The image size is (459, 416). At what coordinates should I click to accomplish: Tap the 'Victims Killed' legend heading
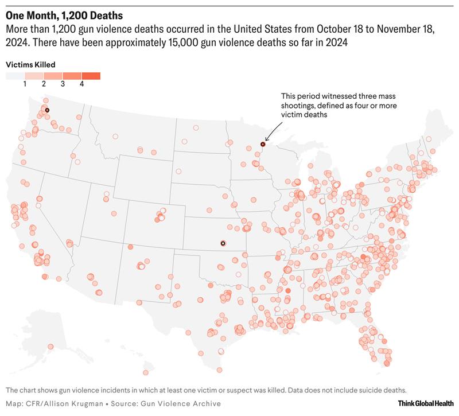click(30, 65)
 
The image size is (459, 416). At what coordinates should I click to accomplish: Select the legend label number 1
click(25, 84)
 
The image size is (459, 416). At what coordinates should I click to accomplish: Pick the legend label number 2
click(44, 84)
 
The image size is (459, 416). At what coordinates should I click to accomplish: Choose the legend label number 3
click(63, 84)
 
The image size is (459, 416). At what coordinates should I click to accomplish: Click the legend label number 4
click(81, 84)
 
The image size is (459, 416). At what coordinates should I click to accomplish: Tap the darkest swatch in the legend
click(91, 76)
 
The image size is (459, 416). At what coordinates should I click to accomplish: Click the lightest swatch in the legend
click(15, 76)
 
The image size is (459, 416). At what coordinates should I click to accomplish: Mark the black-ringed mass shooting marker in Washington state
click(48, 110)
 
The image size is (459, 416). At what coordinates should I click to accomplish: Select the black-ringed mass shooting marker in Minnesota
click(263, 144)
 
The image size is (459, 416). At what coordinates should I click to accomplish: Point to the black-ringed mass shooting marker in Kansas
click(223, 243)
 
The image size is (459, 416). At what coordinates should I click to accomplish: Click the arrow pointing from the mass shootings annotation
click(271, 133)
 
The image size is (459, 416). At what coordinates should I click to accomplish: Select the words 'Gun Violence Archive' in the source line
click(161, 403)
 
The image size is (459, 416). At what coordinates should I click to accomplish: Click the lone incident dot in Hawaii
click(50, 346)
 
